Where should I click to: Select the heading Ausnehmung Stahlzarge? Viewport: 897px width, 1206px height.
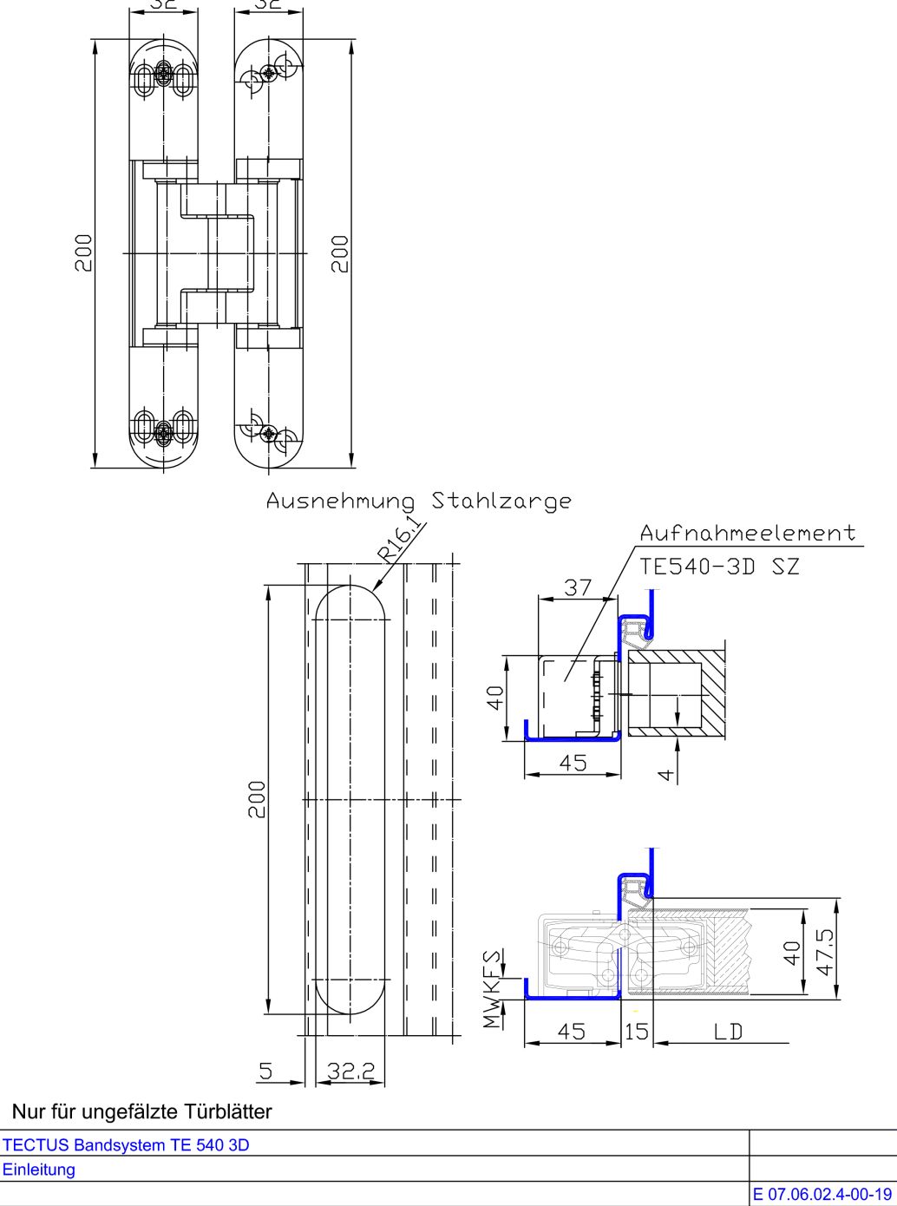point(418,501)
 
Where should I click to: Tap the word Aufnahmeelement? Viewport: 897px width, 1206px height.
point(748,533)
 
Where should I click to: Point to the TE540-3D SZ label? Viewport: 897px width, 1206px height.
point(719,567)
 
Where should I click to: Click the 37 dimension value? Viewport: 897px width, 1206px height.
point(578,587)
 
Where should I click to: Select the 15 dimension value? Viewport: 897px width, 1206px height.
point(637,1032)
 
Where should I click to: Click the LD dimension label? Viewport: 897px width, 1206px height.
point(728,1032)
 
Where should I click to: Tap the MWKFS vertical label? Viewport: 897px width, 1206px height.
point(493,989)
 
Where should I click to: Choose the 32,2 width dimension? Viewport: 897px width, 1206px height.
point(350,1072)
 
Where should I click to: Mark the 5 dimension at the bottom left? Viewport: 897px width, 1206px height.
point(266,1072)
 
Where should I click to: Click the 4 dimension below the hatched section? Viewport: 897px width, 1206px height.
point(665,772)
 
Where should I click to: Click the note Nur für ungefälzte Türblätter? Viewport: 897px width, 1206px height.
point(141,1111)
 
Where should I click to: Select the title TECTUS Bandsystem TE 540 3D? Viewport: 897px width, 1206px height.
point(126,1144)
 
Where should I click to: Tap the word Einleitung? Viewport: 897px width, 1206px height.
point(39,1170)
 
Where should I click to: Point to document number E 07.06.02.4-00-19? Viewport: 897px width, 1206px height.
point(822,1194)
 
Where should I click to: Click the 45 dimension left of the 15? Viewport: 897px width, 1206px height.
point(571,1032)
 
